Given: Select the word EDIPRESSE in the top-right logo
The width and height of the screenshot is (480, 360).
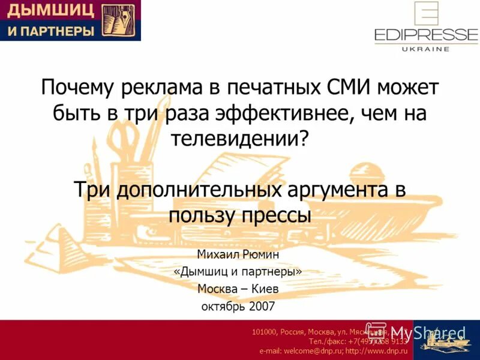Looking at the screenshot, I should click(x=425, y=34).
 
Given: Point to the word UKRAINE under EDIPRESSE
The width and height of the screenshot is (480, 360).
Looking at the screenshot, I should click(x=425, y=49).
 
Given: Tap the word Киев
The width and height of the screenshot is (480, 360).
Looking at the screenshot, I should click(x=265, y=289).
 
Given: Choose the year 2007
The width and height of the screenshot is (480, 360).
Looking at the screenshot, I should click(x=262, y=306).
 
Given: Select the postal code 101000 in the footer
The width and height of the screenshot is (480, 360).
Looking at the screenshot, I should click(x=265, y=331).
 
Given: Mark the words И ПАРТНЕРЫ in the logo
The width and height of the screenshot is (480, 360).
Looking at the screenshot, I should click(x=50, y=31).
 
